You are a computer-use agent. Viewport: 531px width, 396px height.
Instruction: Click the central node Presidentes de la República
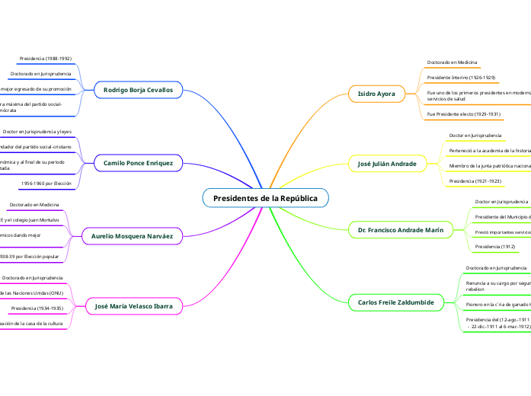pos(265,198)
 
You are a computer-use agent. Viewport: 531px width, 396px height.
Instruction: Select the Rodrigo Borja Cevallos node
pos(138,90)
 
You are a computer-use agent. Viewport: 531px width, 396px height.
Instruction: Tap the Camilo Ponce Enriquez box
pos(138,163)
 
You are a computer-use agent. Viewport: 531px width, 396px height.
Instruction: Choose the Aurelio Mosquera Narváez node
pos(132,236)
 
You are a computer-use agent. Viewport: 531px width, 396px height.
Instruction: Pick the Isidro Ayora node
pos(376,94)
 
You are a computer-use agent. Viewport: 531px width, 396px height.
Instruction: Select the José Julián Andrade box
pos(388,163)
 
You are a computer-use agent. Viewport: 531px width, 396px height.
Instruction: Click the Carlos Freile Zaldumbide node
pos(395,302)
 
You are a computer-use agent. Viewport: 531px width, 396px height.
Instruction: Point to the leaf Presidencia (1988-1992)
pos(45,58)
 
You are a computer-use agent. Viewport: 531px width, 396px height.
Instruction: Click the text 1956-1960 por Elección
pos(46,184)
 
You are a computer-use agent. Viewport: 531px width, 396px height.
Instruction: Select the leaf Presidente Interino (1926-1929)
pos(461,78)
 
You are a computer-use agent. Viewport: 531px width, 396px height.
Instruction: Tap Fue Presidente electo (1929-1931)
pos(463,114)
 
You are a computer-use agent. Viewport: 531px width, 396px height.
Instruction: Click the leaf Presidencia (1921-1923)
pos(475,181)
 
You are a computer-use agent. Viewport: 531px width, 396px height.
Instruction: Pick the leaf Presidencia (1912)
pos(495,247)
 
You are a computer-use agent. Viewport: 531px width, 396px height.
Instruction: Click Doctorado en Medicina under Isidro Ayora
pos(453,62)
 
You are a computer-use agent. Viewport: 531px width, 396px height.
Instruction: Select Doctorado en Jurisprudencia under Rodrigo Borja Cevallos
pos(41,74)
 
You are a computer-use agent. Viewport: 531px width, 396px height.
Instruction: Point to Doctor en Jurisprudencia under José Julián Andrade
pos(475,136)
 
